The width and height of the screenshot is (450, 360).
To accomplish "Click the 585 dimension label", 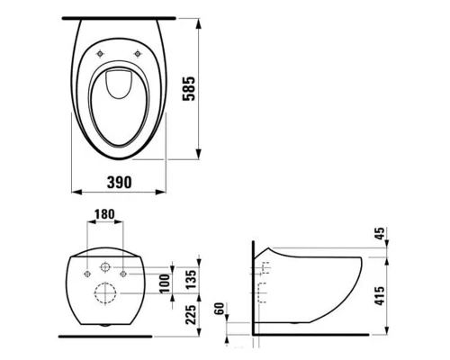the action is pyautogui.click(x=189, y=89).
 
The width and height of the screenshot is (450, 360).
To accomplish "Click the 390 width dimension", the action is pyautogui.click(x=119, y=182).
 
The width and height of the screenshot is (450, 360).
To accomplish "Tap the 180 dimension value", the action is pyautogui.click(x=104, y=214).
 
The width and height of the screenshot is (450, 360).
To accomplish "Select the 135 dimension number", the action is pyautogui.click(x=191, y=279).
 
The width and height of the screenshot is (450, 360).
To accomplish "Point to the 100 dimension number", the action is pyautogui.click(x=165, y=283).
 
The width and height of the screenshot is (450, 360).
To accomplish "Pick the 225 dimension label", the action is pyautogui.click(x=191, y=314).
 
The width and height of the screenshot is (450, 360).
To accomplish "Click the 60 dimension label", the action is pyautogui.click(x=220, y=309).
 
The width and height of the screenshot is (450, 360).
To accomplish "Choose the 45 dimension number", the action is pyautogui.click(x=380, y=233).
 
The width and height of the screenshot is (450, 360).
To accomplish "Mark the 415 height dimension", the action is pyautogui.click(x=380, y=296).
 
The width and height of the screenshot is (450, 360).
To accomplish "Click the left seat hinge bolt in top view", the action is pyautogui.click(x=100, y=54).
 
